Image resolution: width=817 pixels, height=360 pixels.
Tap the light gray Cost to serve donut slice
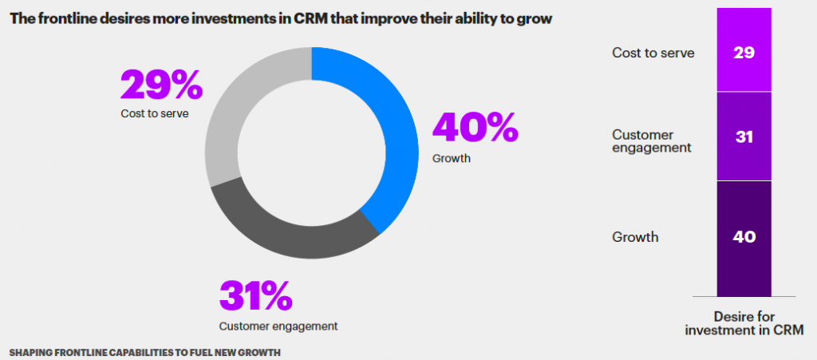click(x=231, y=112)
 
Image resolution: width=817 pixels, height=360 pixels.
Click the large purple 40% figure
click(x=475, y=128)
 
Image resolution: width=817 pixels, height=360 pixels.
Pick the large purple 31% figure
click(x=255, y=297)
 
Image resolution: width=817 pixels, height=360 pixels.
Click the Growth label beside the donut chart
click(x=452, y=158)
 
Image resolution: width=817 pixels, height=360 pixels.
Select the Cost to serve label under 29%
click(x=155, y=113)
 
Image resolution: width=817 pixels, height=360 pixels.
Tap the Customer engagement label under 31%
click(x=278, y=326)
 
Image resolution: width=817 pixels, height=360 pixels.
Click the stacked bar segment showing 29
click(x=744, y=53)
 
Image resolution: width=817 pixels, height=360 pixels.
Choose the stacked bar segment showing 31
click(x=744, y=136)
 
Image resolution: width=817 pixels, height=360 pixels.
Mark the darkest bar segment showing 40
click(x=744, y=237)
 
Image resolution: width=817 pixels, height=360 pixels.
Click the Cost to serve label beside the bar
click(x=653, y=53)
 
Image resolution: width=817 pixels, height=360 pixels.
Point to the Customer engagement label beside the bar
click(x=651, y=140)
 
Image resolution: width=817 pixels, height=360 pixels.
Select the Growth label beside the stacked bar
click(x=635, y=237)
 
